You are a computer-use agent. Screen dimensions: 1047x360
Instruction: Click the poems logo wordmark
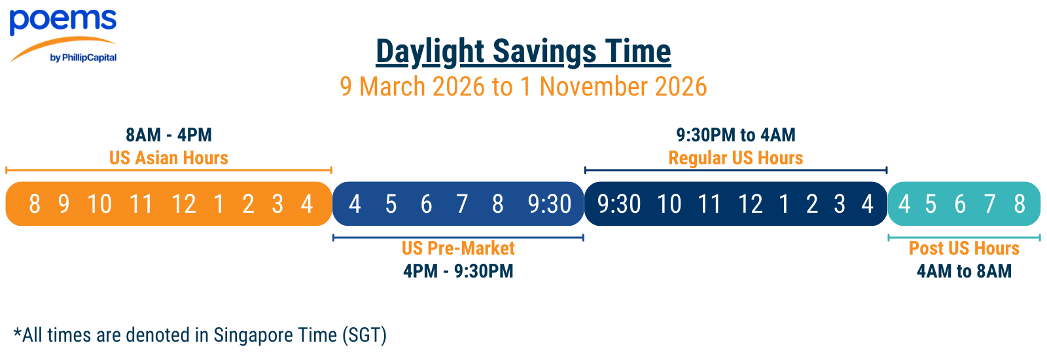(63, 21)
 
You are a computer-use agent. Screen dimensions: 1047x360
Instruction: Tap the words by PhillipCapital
(83, 58)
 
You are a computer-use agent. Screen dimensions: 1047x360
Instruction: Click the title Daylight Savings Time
(523, 52)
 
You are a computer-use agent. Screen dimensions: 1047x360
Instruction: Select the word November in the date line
(594, 86)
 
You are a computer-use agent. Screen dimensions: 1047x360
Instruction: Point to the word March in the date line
(393, 86)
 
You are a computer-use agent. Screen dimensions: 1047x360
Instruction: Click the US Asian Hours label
(169, 158)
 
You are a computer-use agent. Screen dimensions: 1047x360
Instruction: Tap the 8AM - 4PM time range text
(169, 135)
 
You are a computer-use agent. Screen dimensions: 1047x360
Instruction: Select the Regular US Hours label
(736, 158)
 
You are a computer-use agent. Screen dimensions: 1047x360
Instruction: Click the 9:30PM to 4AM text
(736, 135)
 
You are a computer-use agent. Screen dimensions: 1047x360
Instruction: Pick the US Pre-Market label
(458, 248)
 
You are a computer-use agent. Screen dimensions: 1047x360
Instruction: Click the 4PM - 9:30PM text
(458, 271)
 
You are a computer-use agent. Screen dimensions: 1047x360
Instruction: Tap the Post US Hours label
(965, 248)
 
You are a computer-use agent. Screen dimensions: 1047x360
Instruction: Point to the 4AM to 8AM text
(965, 271)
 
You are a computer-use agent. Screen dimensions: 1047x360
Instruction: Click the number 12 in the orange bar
(184, 204)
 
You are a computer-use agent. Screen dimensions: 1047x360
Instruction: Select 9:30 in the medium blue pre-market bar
(550, 204)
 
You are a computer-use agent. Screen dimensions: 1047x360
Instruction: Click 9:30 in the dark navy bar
(619, 204)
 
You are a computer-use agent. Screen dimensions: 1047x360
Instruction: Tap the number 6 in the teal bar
(960, 204)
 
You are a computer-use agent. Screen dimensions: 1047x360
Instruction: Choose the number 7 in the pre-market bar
(462, 204)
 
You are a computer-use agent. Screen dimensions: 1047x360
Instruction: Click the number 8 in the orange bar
(35, 204)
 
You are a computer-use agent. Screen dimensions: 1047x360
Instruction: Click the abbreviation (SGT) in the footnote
(364, 335)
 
